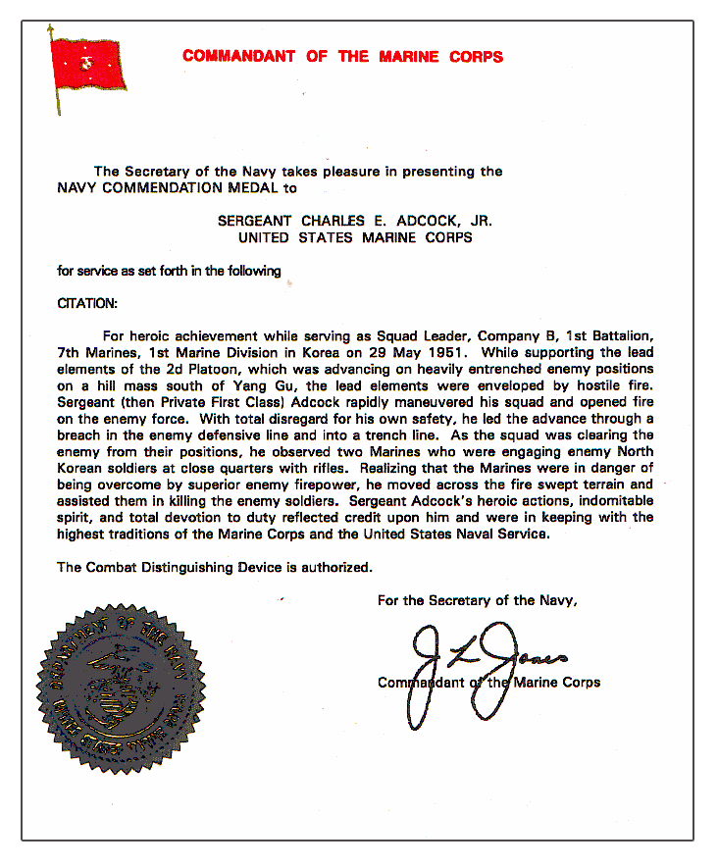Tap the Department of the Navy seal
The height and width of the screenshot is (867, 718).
click(x=123, y=675)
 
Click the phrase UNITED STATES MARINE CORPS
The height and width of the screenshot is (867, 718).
click(x=356, y=237)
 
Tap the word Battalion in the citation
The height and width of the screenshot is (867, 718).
click(x=621, y=335)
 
